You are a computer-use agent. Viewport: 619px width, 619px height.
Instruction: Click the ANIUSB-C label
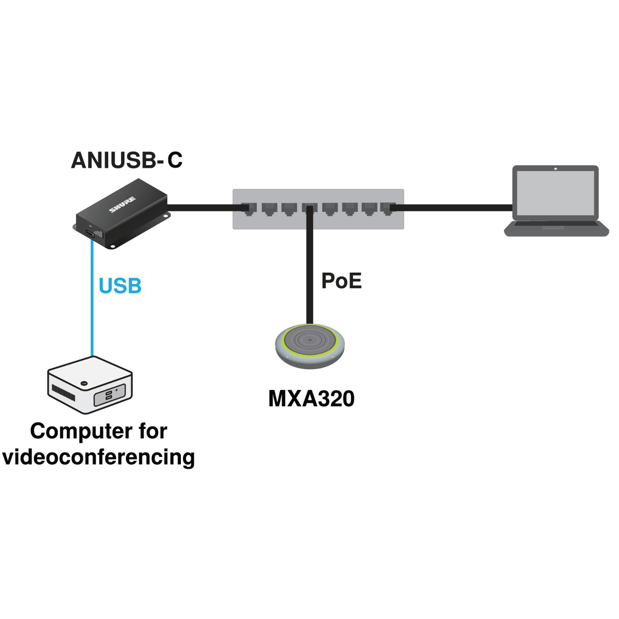click(x=127, y=160)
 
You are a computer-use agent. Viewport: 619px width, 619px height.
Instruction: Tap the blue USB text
click(x=120, y=286)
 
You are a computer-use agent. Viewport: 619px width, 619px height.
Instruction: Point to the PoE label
click(x=341, y=281)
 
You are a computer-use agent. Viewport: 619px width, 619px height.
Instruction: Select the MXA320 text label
click(x=311, y=398)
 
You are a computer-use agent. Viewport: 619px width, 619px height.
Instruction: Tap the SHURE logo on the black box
click(x=122, y=205)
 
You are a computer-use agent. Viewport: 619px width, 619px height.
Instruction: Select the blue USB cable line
click(x=92, y=298)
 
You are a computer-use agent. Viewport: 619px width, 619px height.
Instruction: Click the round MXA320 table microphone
click(x=310, y=346)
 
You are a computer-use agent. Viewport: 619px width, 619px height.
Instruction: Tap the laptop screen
click(x=555, y=193)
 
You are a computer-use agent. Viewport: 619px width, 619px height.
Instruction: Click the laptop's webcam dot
click(x=556, y=168)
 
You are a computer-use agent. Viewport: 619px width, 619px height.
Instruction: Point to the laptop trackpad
click(x=553, y=227)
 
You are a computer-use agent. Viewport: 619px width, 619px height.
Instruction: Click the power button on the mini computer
click(x=84, y=383)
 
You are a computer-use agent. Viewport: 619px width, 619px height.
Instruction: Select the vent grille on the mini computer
click(x=63, y=393)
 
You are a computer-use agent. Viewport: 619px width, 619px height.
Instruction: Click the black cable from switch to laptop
click(x=451, y=207)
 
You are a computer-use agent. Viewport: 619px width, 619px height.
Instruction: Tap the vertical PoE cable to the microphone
click(x=309, y=265)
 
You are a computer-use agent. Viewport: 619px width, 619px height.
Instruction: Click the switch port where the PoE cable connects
click(x=309, y=209)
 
